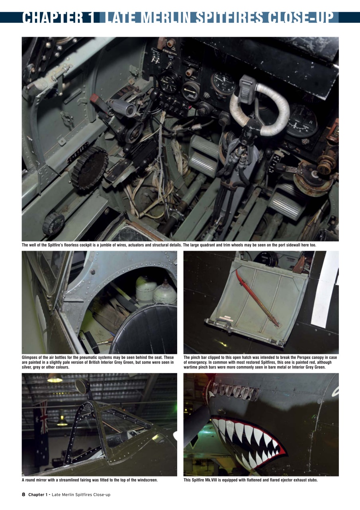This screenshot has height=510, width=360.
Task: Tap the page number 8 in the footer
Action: pos(23,494)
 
